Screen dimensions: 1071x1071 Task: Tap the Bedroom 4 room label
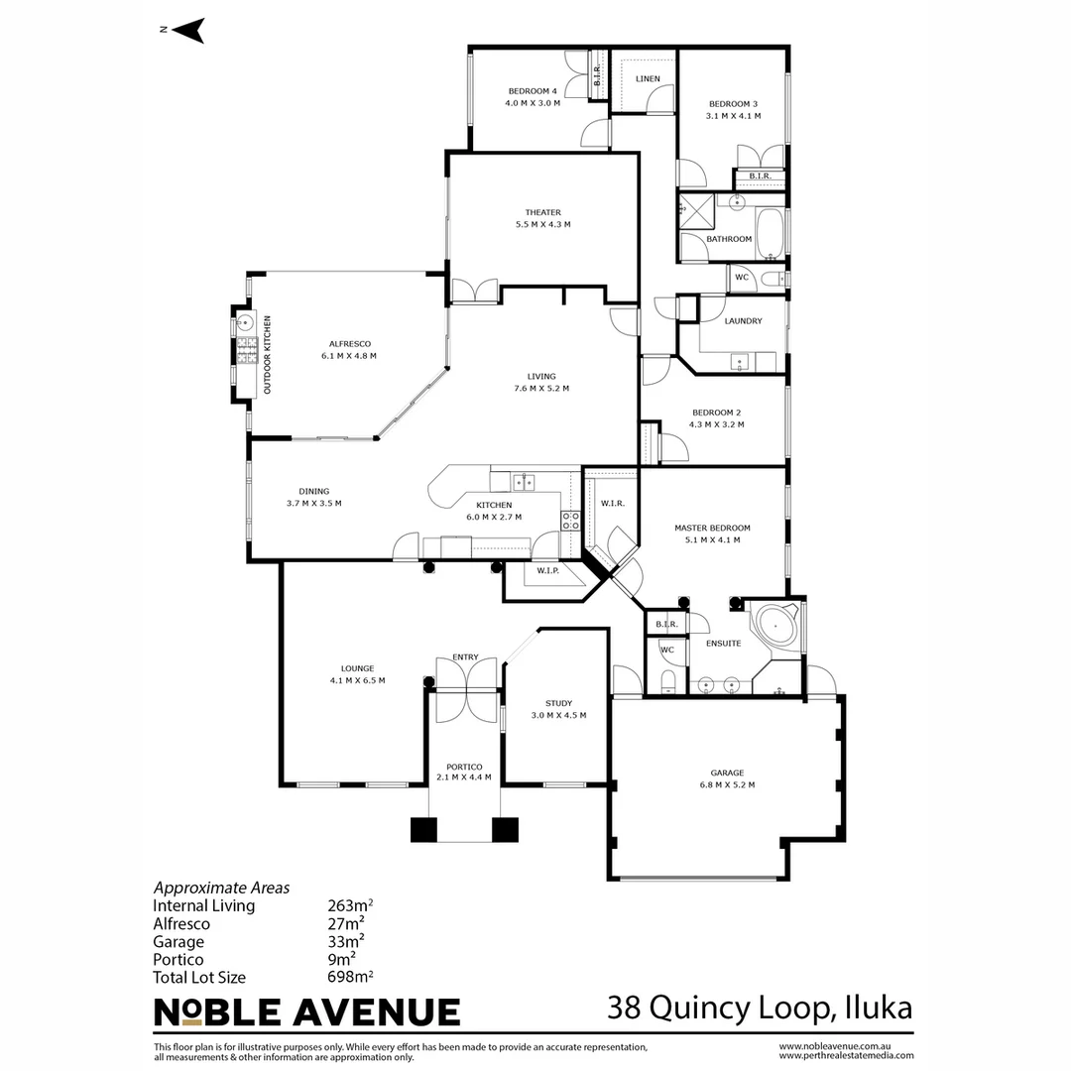click(533, 91)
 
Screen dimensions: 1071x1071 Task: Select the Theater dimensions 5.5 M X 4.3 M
click(543, 224)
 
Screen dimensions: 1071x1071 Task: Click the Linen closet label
click(648, 78)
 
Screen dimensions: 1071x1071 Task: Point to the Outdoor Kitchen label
click(267, 354)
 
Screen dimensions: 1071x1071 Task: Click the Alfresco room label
click(350, 343)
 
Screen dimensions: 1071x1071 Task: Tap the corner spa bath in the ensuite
click(776, 626)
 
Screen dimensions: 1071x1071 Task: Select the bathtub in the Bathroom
click(771, 234)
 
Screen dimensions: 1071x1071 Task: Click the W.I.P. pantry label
click(547, 570)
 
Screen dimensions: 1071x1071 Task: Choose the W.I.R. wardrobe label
click(613, 504)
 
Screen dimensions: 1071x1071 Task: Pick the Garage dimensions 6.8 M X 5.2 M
click(728, 784)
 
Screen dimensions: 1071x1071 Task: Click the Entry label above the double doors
click(465, 657)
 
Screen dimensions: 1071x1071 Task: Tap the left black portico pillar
click(423, 829)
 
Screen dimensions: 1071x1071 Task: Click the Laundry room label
click(743, 321)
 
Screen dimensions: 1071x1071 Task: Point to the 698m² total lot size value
click(350, 977)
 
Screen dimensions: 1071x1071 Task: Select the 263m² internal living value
click(350, 905)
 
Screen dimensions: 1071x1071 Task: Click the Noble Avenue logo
click(306, 1012)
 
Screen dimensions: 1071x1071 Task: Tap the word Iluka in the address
click(879, 1008)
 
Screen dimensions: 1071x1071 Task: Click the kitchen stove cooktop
click(571, 521)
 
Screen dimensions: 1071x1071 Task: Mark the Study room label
click(558, 703)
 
